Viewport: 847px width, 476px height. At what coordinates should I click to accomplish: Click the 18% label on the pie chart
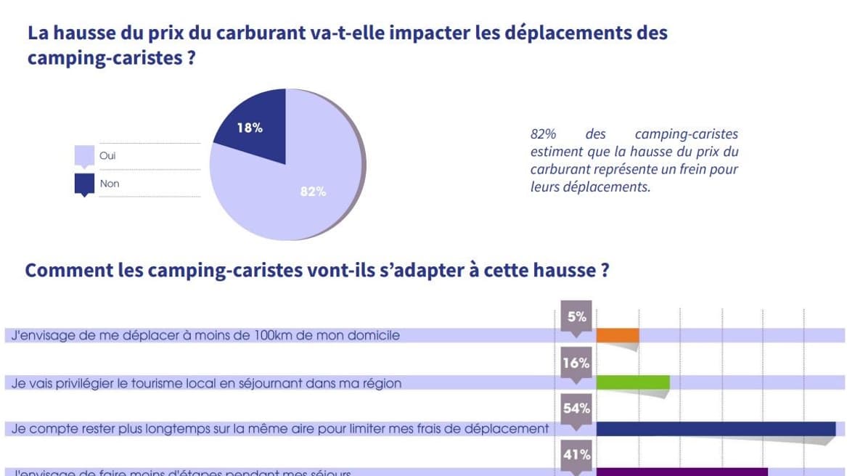[x=250, y=128]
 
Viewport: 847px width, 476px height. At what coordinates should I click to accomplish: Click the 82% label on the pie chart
[x=314, y=192]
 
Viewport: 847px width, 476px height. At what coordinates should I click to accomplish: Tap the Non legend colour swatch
[x=84, y=184]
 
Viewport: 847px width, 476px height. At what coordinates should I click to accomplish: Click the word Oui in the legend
[x=107, y=156]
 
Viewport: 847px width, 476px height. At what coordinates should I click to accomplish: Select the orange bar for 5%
[x=617, y=335]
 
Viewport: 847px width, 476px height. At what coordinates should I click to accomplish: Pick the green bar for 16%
[x=632, y=382]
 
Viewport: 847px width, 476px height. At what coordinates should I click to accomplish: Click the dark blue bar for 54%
[x=715, y=428]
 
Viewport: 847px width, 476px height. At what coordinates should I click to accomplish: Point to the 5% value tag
[x=576, y=316]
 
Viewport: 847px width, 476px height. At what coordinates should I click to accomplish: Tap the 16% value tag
[x=576, y=363]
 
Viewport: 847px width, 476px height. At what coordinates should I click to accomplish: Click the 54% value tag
[x=576, y=409]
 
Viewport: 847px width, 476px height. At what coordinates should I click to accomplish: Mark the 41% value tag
[x=576, y=455]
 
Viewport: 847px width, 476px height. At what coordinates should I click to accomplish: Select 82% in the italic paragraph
[x=543, y=134]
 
